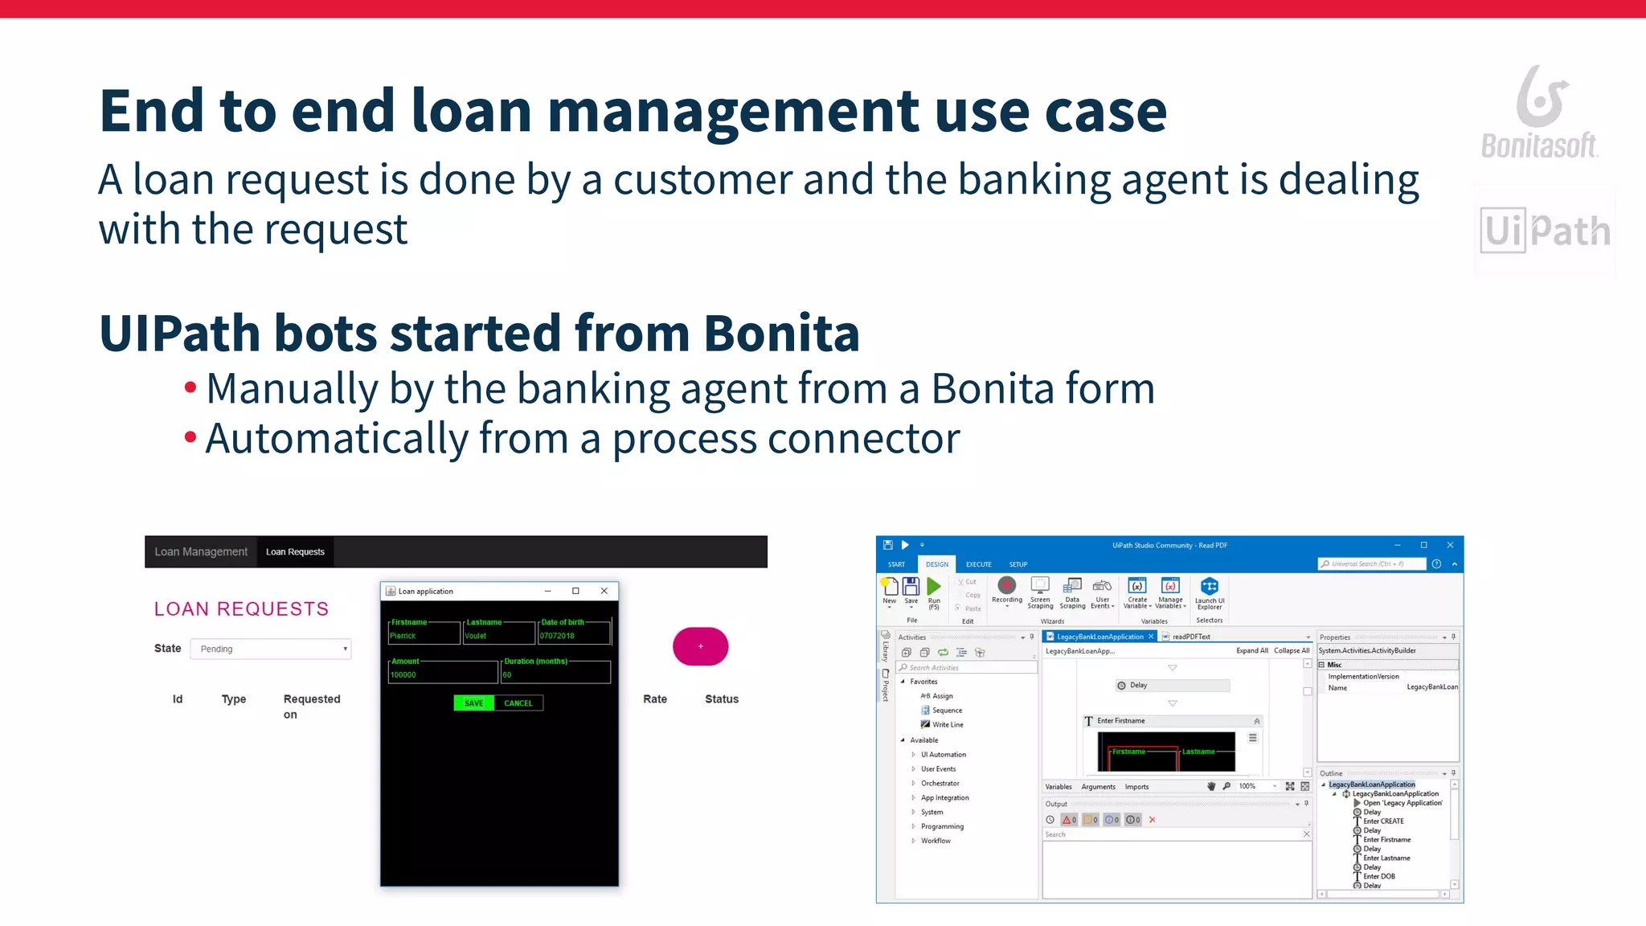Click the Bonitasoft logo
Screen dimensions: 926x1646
(x=1539, y=113)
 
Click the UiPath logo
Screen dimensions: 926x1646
(x=1545, y=231)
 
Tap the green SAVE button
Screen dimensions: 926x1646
(x=474, y=703)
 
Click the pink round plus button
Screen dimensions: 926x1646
(x=701, y=646)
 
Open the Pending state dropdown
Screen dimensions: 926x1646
(x=271, y=649)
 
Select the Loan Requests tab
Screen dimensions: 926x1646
(x=295, y=552)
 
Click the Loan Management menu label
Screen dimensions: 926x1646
(x=201, y=552)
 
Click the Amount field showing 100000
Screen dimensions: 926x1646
(x=442, y=674)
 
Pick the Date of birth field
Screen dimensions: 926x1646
(x=574, y=635)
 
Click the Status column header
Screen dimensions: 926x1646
(x=722, y=699)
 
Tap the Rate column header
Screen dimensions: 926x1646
(x=655, y=699)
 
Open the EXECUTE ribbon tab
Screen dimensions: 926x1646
(x=978, y=564)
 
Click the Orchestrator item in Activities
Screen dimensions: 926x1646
(x=940, y=784)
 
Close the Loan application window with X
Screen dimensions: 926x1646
(x=604, y=591)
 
